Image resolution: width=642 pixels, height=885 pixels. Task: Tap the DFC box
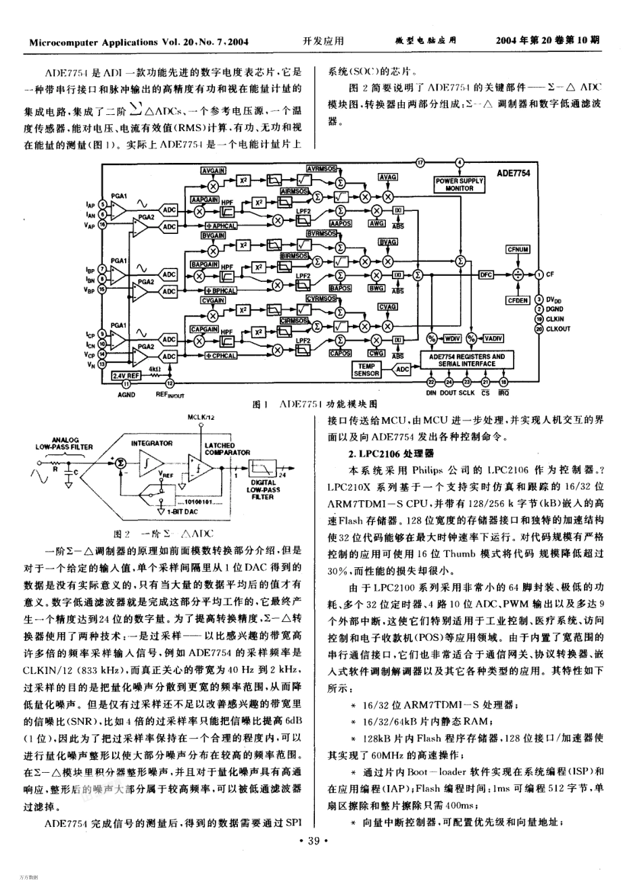486,274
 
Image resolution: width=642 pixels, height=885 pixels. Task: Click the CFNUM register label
517,249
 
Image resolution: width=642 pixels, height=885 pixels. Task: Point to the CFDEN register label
517,300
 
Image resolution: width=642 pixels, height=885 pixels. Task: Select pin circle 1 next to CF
539,274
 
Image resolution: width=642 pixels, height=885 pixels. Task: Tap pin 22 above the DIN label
430,382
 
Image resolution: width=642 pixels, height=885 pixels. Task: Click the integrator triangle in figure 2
149,463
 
